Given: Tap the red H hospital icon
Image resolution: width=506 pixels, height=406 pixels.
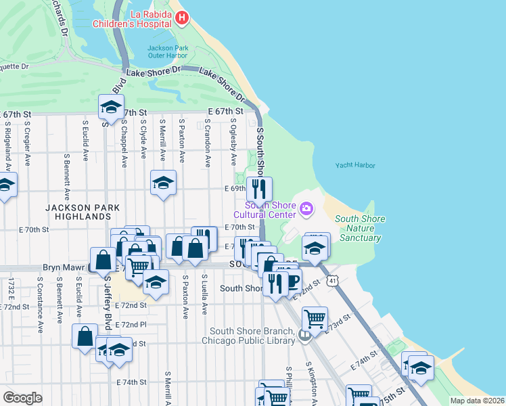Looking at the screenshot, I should (182, 18).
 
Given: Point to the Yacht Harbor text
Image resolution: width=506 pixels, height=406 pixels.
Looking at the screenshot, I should (354, 165).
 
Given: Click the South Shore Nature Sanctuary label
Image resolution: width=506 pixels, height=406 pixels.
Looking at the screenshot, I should (360, 228).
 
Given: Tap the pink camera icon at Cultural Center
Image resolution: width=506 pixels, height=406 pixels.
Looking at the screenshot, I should (306, 208).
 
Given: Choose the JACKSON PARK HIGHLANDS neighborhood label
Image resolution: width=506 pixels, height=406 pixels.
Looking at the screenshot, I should (78, 212).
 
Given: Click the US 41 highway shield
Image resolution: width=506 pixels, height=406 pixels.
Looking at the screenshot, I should (331, 279).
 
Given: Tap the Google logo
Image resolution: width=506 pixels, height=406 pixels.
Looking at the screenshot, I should (22, 398).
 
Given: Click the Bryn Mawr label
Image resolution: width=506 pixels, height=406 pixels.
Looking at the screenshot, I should (63, 268).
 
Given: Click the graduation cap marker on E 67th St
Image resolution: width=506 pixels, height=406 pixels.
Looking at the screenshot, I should (111, 107).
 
